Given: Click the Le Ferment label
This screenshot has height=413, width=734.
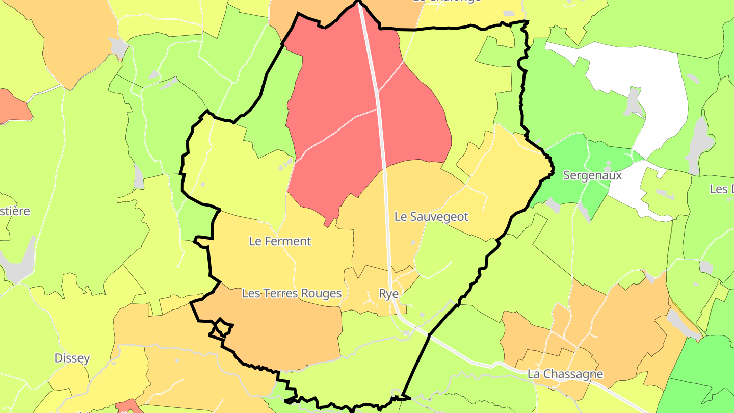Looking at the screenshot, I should pyautogui.click(x=280, y=241).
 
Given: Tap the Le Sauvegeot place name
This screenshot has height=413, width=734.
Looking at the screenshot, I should pyautogui.click(x=431, y=217).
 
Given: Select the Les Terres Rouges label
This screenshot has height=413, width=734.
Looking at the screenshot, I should pyautogui.click(x=292, y=293).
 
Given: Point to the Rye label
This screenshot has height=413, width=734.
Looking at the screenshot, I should pyautogui.click(x=388, y=294).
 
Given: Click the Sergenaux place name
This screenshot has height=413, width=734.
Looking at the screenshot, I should pyautogui.click(x=592, y=175).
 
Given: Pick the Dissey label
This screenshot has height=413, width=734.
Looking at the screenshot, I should pyautogui.click(x=72, y=358).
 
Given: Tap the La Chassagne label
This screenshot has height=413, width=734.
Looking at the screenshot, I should pyautogui.click(x=565, y=374).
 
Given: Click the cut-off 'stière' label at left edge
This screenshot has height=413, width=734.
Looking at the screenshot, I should pyautogui.click(x=15, y=211).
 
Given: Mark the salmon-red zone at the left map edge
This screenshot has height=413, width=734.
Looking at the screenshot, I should pyautogui.click(x=13, y=106).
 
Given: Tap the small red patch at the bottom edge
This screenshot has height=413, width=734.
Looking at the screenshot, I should pyautogui.click(x=128, y=406).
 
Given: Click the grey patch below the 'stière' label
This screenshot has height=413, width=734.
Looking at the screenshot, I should pyautogui.click(x=18, y=263).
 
